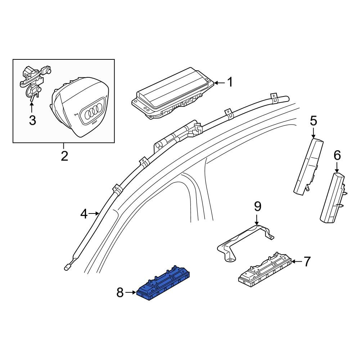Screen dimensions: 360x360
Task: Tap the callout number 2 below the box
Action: click(x=64, y=156)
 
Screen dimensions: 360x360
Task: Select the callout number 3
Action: click(x=32, y=120)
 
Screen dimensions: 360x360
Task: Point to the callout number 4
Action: click(x=84, y=214)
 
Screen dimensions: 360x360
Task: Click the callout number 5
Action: click(x=314, y=121)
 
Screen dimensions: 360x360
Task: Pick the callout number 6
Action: click(x=337, y=156)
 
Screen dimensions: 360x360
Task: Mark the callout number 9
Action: click(x=258, y=206)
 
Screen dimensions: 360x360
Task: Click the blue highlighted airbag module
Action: click(x=163, y=283)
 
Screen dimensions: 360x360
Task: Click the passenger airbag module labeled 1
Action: click(x=173, y=94)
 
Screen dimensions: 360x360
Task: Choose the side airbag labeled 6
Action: click(x=333, y=198)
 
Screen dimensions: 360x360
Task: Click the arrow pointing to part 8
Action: click(x=131, y=292)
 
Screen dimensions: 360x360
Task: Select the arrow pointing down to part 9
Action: click(x=257, y=219)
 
